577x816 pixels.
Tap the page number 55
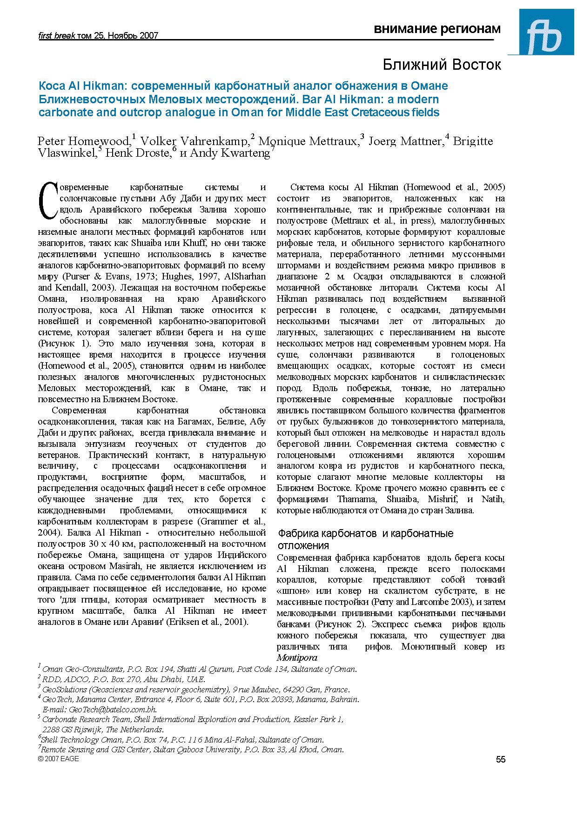500,759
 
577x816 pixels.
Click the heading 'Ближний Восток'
442,65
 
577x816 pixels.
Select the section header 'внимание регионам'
437,29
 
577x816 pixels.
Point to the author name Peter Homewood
83,141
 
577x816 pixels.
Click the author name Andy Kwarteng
230,153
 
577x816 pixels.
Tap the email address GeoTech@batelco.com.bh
112,710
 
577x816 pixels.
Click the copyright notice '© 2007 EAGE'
58,759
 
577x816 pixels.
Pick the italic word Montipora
297,657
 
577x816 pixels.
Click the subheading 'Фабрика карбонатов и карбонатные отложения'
365,539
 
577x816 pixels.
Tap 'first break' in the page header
56,35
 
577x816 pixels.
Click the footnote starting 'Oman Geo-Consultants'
199,669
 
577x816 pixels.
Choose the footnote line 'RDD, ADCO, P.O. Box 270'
123,679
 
